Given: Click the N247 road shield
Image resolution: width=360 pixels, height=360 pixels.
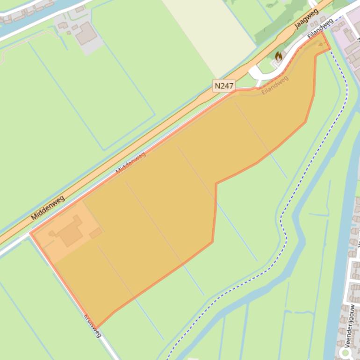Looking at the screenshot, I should [223, 86].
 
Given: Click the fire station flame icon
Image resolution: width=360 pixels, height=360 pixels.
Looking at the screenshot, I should [279, 57].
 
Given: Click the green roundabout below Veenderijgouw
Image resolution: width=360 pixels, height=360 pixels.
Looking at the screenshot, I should [346, 353].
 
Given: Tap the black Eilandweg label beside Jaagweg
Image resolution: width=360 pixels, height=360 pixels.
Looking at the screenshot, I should [320, 29].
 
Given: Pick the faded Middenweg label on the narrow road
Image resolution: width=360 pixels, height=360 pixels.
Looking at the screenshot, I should [130, 163].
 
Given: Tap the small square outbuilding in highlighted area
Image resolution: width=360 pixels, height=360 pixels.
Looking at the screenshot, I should [96, 232].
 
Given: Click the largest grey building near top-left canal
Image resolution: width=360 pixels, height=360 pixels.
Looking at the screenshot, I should [86, 33].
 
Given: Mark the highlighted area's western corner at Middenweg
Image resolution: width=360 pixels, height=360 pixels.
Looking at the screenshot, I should [31, 233].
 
